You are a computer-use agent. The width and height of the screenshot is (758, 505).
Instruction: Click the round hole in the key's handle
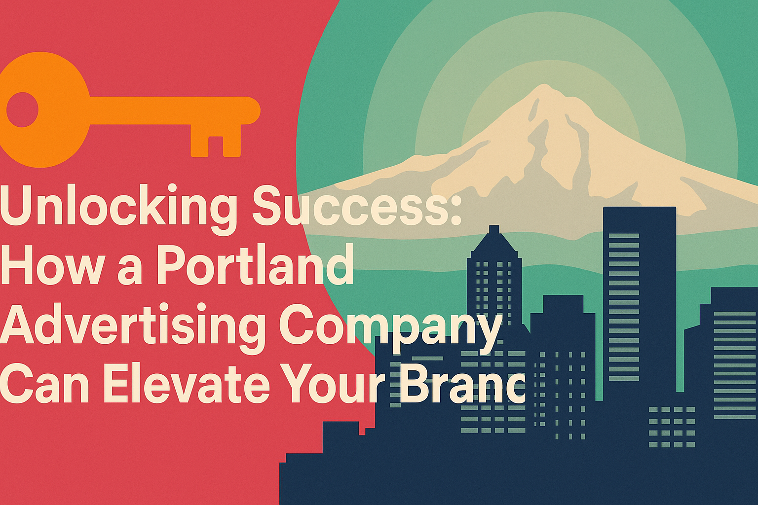(22, 109)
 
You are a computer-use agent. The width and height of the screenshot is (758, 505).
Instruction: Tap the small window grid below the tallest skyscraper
(672, 427)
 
